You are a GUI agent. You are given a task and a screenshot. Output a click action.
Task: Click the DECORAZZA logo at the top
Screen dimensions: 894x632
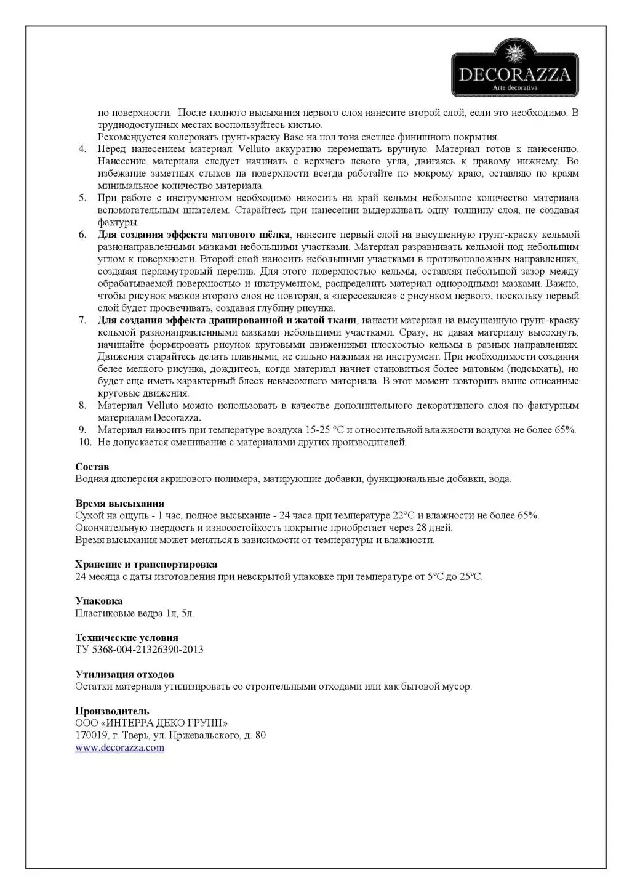click(x=515, y=68)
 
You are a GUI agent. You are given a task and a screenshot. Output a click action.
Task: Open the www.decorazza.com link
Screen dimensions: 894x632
click(x=119, y=747)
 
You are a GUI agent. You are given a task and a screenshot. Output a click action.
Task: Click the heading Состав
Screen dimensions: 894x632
click(x=92, y=467)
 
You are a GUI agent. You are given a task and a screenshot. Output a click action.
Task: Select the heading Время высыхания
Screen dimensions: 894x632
click(x=119, y=503)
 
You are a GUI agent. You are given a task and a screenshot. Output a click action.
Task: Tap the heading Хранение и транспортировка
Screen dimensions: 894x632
click(x=146, y=564)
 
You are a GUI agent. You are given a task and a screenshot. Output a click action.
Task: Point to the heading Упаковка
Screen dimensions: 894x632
click(x=98, y=601)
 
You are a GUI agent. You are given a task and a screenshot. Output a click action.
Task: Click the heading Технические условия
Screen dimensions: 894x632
click(x=126, y=637)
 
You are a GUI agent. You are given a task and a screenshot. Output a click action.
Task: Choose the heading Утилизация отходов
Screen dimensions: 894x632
click(x=124, y=674)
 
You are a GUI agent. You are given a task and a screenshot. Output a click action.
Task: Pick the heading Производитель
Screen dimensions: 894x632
click(x=112, y=711)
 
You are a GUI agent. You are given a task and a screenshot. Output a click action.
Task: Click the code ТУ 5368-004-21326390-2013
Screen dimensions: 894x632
click(x=139, y=650)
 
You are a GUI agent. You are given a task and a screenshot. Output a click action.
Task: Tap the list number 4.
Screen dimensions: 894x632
click(x=82, y=149)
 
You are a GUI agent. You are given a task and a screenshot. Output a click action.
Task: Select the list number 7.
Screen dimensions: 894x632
click(x=82, y=320)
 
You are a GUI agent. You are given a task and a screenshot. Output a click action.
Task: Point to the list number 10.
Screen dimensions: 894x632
click(x=84, y=442)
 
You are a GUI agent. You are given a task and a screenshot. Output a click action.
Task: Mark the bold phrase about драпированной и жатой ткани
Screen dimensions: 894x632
click(x=226, y=320)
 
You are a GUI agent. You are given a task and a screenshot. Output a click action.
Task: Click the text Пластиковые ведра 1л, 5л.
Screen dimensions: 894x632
click(x=135, y=613)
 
